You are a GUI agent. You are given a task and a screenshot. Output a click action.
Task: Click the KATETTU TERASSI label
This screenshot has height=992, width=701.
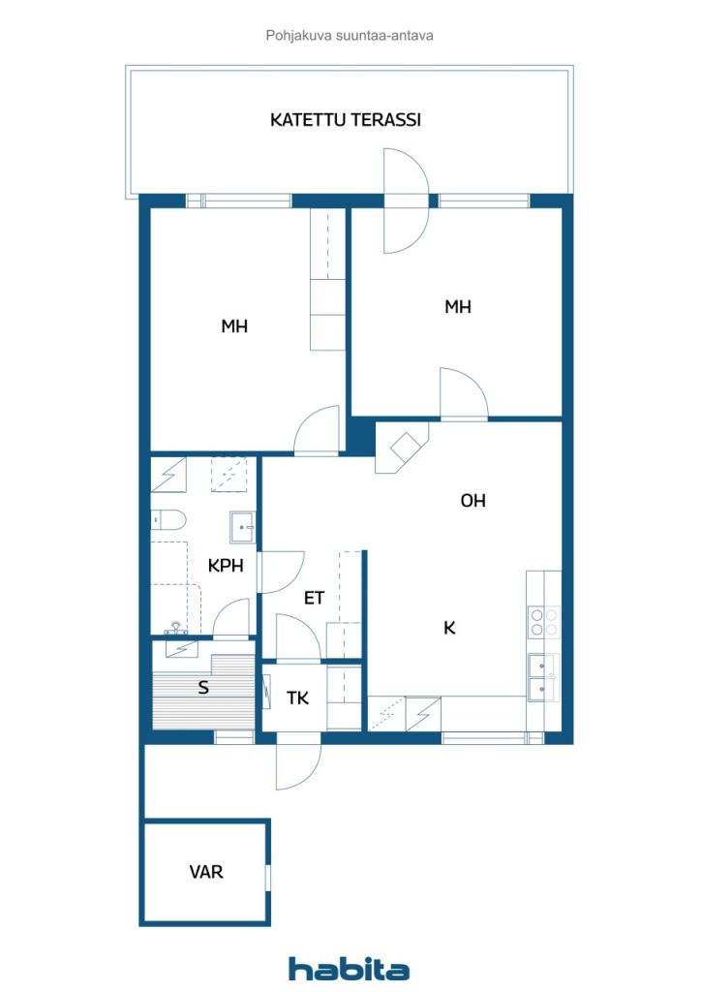click(345, 119)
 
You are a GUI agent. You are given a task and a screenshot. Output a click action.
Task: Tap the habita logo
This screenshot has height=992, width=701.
click(349, 968)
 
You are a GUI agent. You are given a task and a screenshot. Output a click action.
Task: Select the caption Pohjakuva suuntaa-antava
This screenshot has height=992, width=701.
click(349, 36)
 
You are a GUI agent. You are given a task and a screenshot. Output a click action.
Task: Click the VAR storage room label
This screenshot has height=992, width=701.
click(206, 872)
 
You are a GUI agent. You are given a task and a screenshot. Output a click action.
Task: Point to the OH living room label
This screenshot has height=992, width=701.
click(472, 501)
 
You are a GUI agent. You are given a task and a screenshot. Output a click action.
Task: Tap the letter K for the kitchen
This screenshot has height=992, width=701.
click(449, 628)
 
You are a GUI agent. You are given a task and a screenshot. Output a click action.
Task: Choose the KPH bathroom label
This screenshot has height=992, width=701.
click(226, 565)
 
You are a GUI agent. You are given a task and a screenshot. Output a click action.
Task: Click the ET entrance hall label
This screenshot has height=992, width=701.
click(314, 598)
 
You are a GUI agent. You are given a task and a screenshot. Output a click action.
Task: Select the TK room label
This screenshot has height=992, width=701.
click(297, 697)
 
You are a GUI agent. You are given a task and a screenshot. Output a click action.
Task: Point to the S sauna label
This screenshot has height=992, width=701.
click(203, 687)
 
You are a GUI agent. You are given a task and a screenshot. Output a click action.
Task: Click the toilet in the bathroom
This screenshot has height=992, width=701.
click(168, 519)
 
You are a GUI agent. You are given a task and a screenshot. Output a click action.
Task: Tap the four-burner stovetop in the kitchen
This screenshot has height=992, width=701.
click(543, 621)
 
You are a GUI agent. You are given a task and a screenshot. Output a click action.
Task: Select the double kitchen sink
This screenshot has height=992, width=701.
click(543, 677)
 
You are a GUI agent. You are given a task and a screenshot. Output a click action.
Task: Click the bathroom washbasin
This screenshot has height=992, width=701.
click(243, 527)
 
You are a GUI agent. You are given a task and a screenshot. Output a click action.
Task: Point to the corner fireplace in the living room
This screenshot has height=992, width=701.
click(402, 448)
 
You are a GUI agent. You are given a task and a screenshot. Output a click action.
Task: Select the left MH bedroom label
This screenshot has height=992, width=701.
click(234, 326)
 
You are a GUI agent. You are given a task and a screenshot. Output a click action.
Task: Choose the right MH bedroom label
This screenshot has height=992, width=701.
click(458, 307)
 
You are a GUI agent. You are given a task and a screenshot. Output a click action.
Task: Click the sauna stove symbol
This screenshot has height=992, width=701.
click(181, 648)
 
